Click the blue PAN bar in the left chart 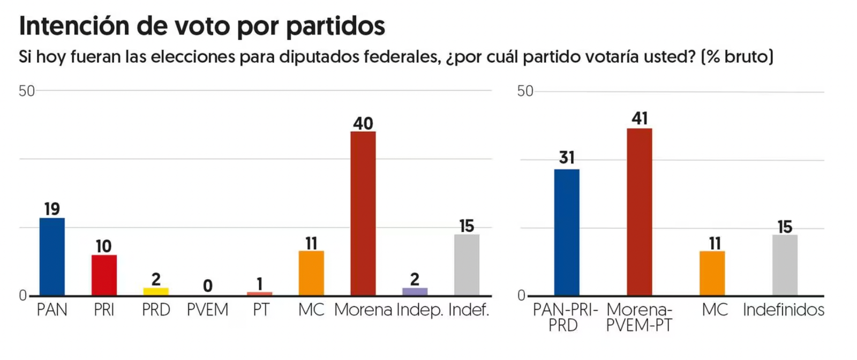pos(52,257)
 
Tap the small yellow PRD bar pos(156,291)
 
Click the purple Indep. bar pos(415,291)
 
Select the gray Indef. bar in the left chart pos(467,265)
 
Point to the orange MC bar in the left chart pos(311,273)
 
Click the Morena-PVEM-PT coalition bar pos(640,212)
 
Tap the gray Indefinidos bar pos(785,265)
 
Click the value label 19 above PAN pos(52,209)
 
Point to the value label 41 pos(640,118)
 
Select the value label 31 pos(566,157)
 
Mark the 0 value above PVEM pos(208,286)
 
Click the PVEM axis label pos(208,310)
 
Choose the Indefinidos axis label pos(784,310)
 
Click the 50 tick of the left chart pos(26,91)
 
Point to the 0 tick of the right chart pos(521,296)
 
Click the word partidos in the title pos(335,26)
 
